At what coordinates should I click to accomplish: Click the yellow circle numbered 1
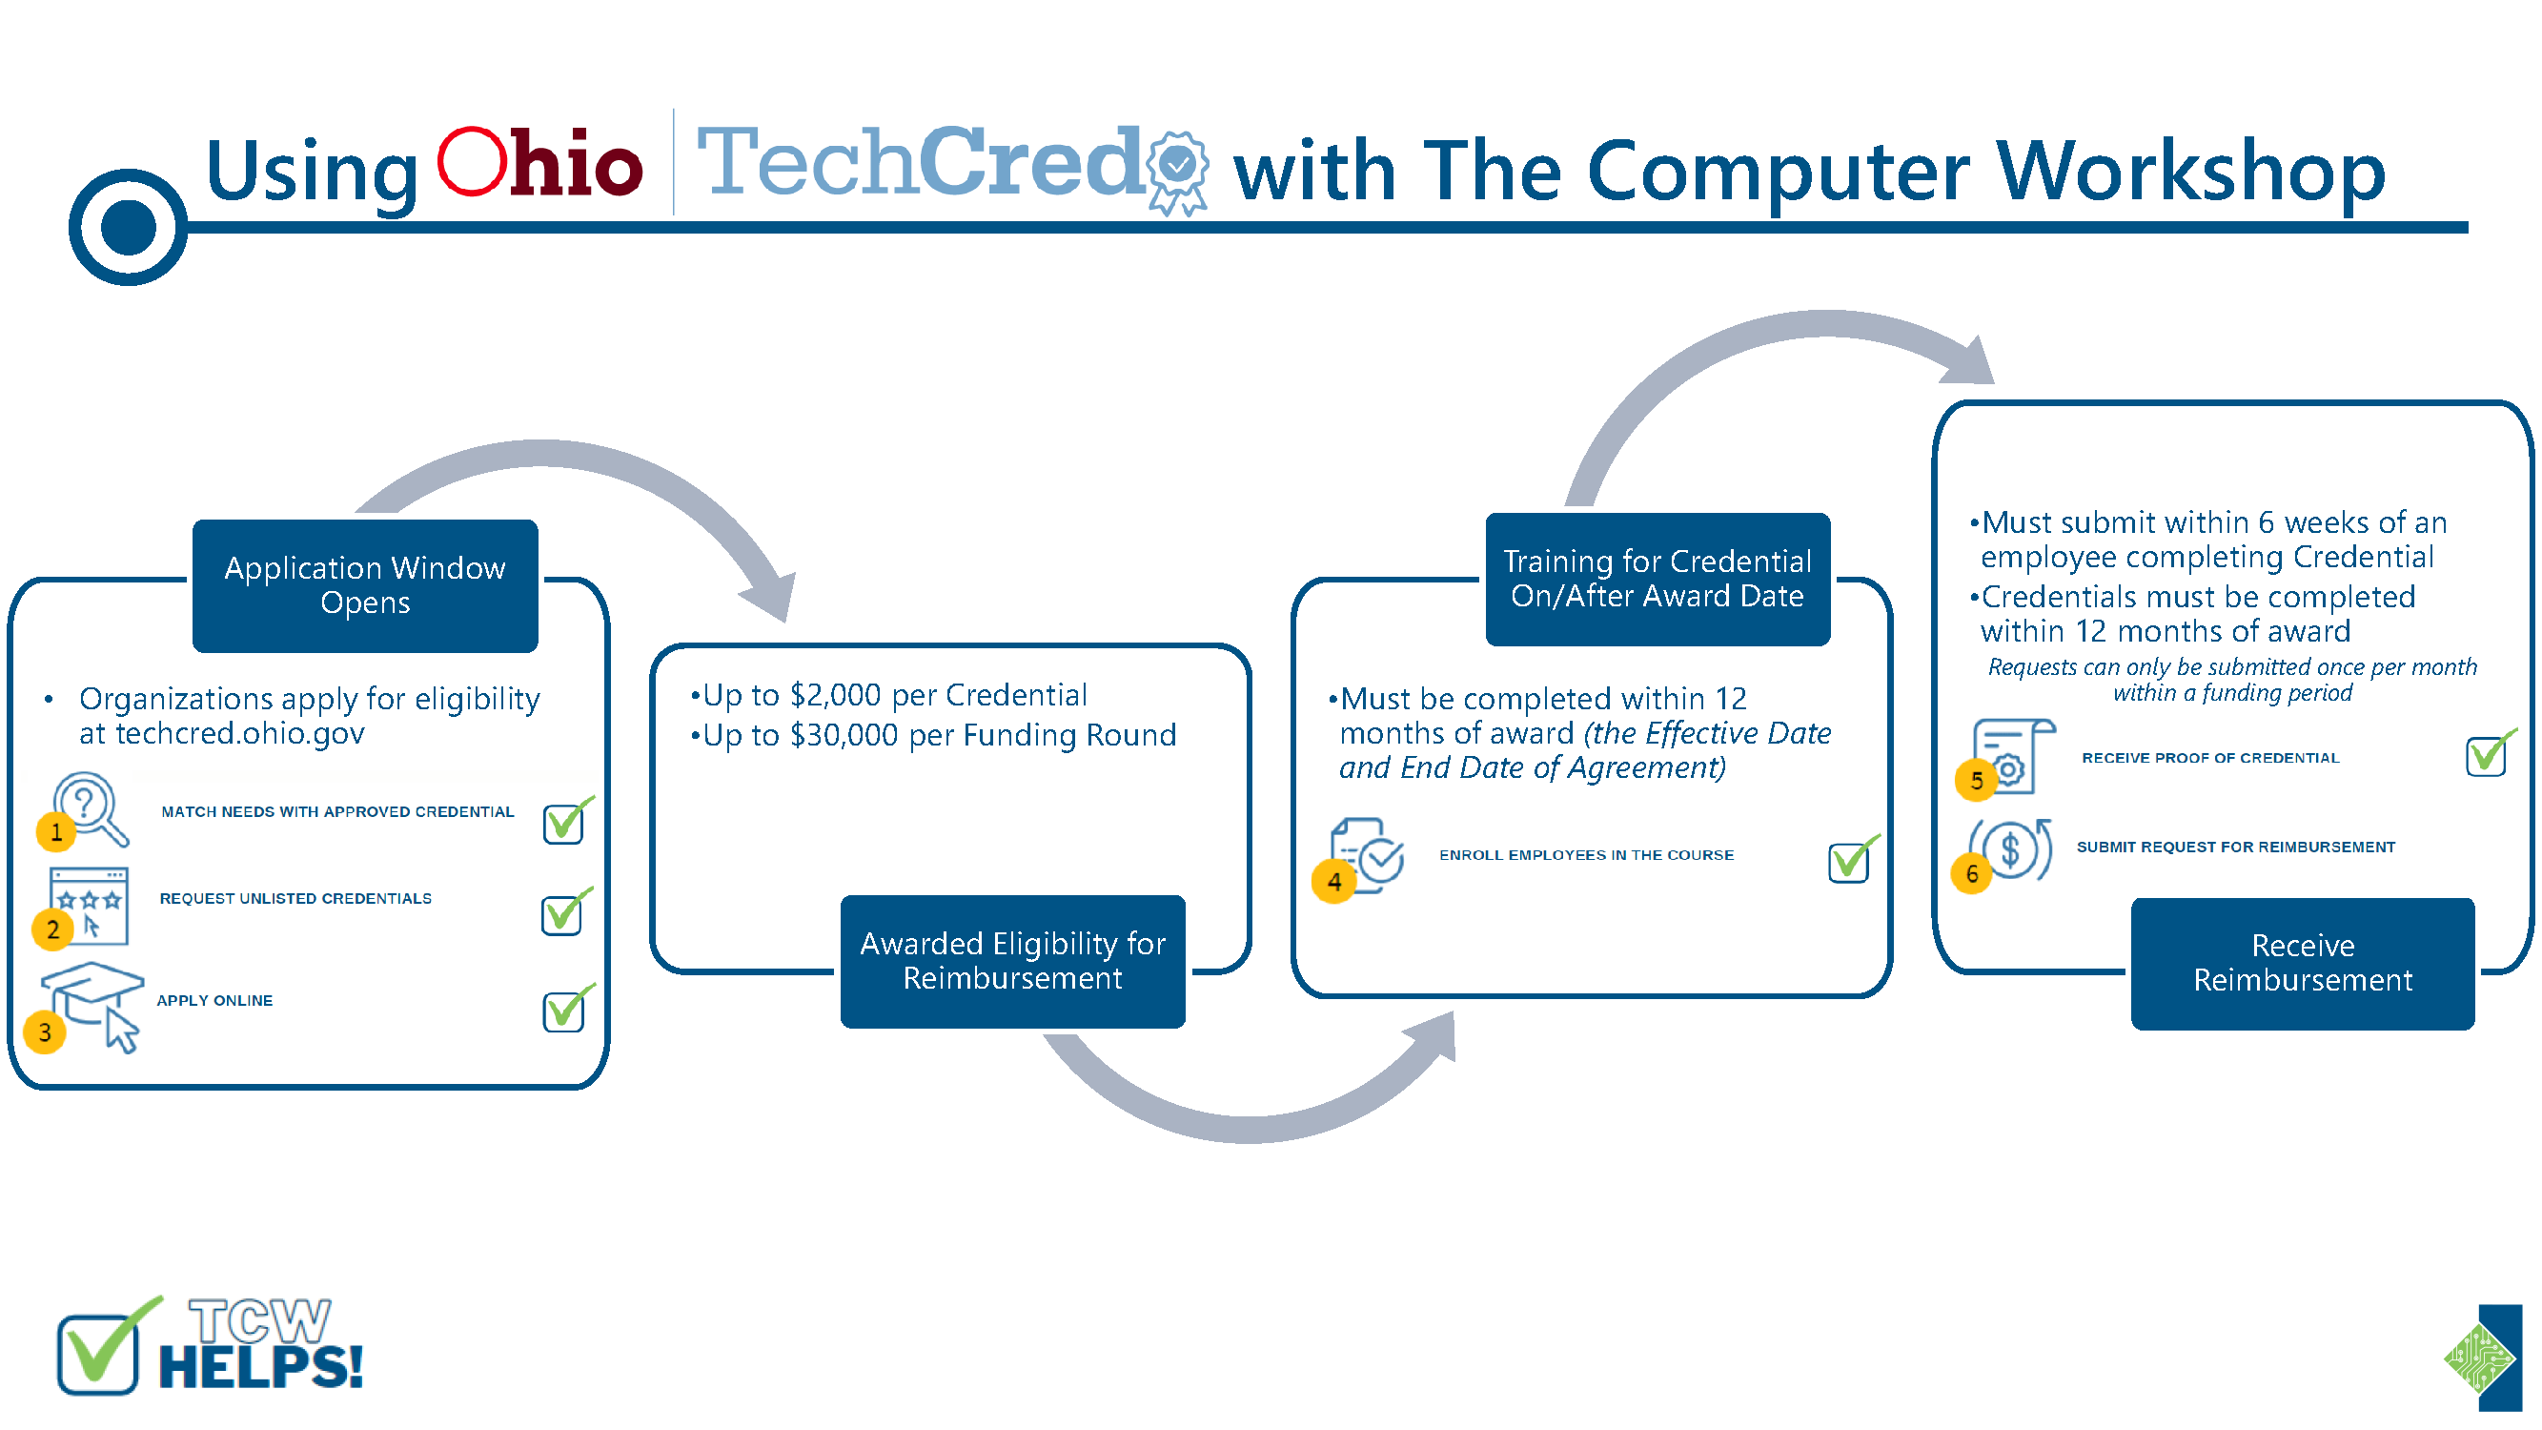point(56,832)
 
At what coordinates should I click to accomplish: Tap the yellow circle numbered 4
point(1333,881)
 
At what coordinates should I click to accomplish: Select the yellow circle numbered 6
point(1972,873)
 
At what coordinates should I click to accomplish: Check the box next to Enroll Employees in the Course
point(1851,860)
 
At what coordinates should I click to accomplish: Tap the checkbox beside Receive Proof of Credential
point(2489,755)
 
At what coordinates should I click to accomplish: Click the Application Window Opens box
point(365,585)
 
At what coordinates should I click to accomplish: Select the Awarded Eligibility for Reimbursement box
point(1012,961)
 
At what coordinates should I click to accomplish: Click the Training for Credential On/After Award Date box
point(1657,580)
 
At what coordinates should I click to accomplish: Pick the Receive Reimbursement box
point(2302,963)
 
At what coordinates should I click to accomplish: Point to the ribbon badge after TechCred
point(1178,172)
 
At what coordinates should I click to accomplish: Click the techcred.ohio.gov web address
point(240,734)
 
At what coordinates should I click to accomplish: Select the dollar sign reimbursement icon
point(2011,849)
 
